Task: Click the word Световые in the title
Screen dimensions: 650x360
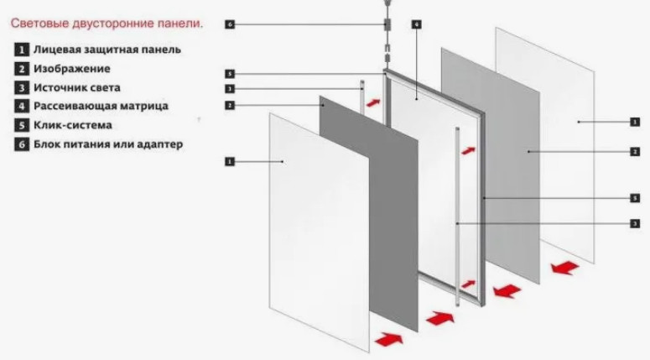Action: tap(39, 23)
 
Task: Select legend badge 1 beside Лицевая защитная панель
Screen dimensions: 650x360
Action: tap(22, 50)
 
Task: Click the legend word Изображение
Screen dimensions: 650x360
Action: tap(72, 69)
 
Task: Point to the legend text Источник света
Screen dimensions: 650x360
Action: tap(77, 87)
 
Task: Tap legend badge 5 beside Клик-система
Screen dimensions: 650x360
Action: tap(22, 125)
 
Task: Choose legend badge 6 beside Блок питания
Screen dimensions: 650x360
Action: tap(22, 144)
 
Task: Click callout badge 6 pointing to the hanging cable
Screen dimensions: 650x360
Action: tap(230, 24)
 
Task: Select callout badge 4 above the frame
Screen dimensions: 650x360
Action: tap(417, 24)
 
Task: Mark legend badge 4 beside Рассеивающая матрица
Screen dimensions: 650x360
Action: tap(22, 106)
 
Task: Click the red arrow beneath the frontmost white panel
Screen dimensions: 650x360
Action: tap(388, 339)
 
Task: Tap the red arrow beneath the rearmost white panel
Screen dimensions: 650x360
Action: tap(565, 268)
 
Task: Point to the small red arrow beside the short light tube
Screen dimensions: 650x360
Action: tap(373, 102)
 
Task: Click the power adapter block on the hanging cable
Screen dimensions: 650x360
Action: tap(387, 24)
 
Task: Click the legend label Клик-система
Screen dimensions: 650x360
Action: tap(73, 125)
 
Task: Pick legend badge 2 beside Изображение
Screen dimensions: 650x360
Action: tap(22, 69)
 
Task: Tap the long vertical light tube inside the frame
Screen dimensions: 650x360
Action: tap(457, 217)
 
